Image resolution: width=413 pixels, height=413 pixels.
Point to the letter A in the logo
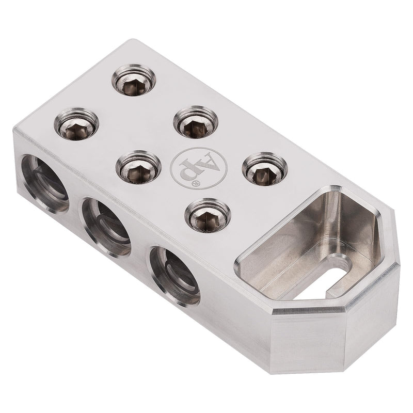tap(200, 161)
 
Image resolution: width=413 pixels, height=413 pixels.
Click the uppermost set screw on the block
tap(134, 82)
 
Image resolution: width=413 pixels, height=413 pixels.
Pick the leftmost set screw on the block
tap(76, 124)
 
